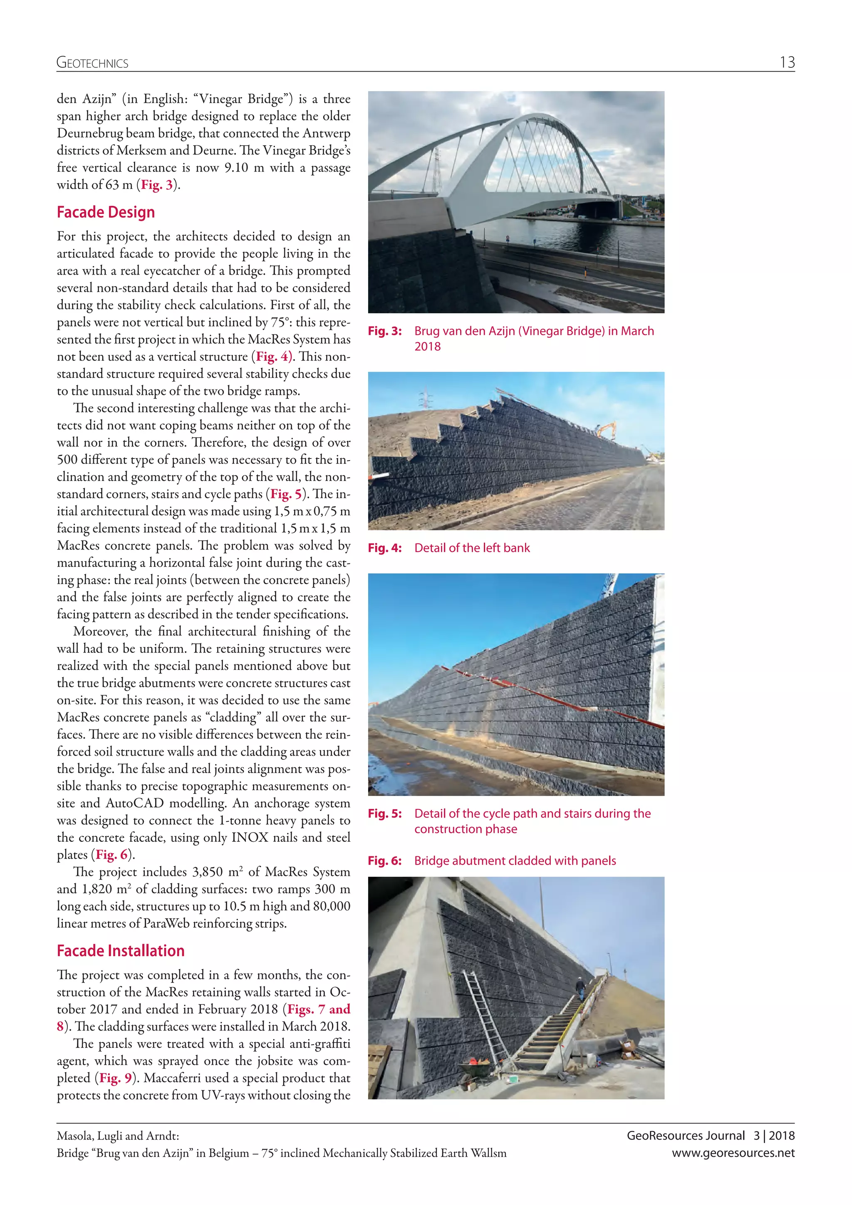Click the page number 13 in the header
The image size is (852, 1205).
(787, 62)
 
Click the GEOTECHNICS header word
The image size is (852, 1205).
(92, 64)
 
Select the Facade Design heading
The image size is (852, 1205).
(105, 212)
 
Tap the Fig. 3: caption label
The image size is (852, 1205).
(384, 331)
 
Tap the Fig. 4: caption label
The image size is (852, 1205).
(384, 548)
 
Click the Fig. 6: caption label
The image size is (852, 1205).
(384, 861)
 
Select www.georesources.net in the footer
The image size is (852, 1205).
(733, 1153)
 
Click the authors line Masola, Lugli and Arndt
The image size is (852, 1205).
(118, 1136)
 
